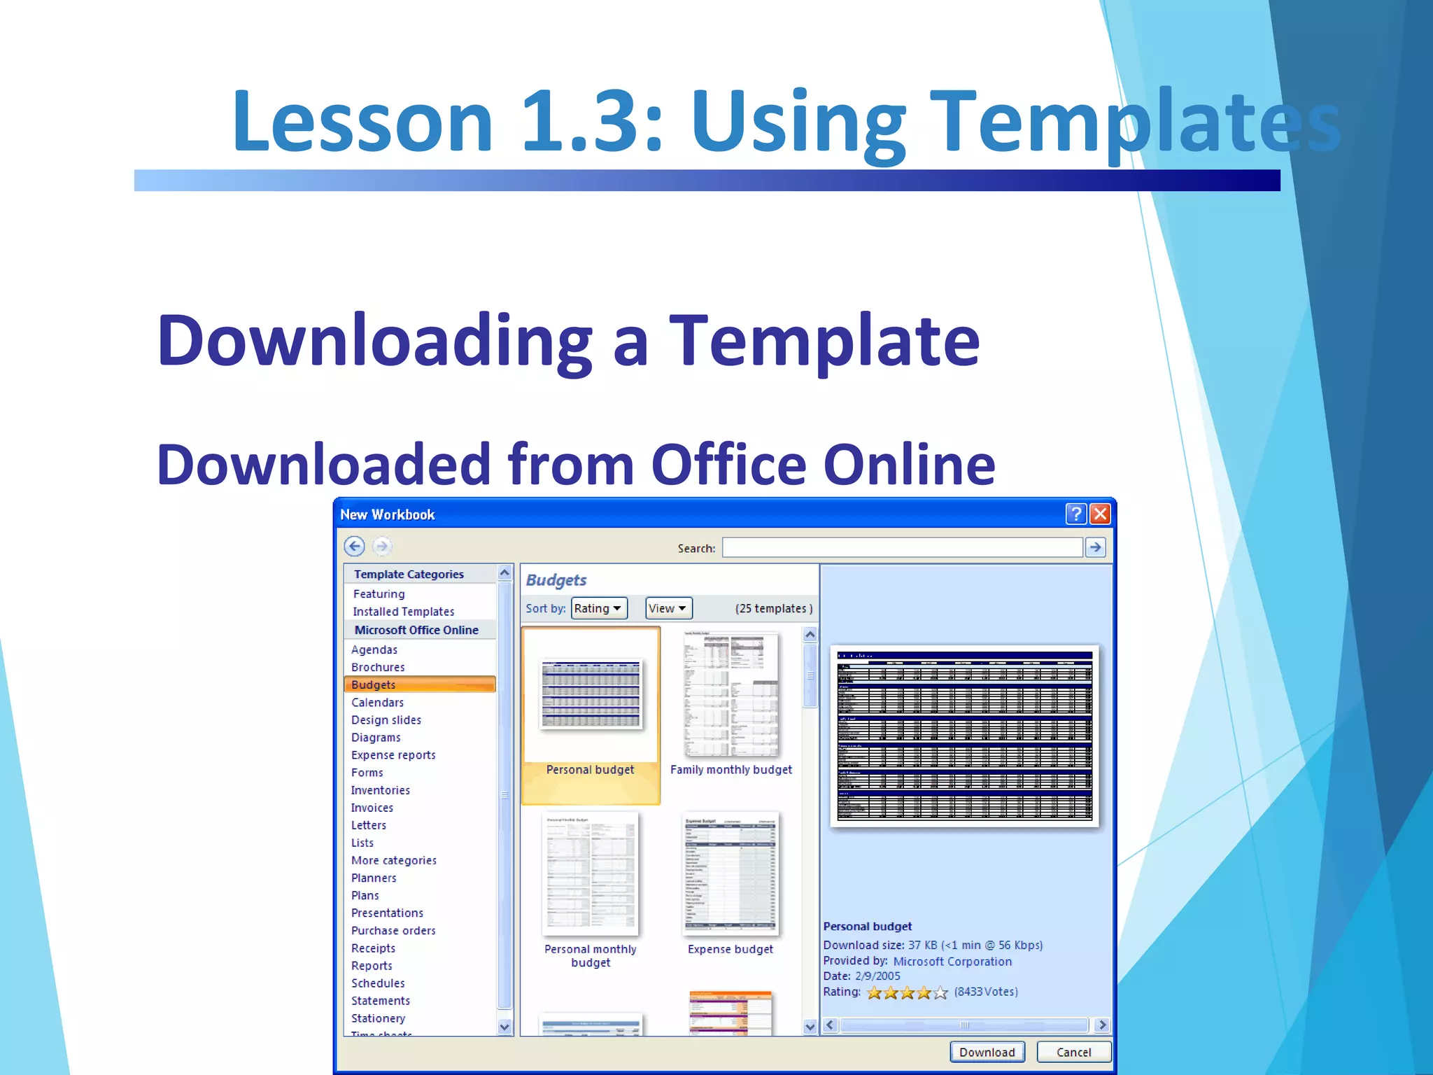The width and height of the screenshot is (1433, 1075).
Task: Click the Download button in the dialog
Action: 987,1052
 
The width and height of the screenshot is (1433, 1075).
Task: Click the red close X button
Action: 1100,514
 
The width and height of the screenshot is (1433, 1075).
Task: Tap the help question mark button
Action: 1075,514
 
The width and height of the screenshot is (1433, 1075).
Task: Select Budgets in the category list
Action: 374,684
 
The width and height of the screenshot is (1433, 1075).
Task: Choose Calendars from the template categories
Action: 377,702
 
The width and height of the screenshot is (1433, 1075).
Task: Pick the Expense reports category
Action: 393,755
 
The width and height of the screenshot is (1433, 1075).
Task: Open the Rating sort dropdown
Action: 598,608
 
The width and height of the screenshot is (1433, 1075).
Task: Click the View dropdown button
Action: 668,608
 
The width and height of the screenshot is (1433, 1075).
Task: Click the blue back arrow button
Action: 355,547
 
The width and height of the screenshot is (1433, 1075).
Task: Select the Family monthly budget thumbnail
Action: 730,694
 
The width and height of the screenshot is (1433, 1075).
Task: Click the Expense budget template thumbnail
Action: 730,873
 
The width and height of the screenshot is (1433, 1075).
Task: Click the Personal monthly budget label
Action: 591,955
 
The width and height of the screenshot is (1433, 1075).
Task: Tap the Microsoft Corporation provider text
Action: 952,962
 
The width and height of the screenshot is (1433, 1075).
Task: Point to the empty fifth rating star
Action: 940,992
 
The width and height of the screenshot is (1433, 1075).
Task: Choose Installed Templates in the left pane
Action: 403,612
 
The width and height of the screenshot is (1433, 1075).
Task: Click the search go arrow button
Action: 1096,547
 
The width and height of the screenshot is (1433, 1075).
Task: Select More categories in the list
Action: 393,860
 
